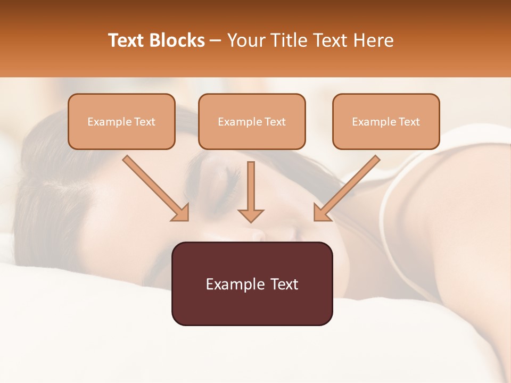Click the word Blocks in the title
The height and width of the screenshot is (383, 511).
[177, 40]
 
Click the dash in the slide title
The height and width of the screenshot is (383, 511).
[216, 41]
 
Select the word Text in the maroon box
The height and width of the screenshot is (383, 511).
[284, 284]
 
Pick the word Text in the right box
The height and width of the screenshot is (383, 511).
[409, 122]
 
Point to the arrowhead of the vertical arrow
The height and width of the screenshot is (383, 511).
[251, 215]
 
